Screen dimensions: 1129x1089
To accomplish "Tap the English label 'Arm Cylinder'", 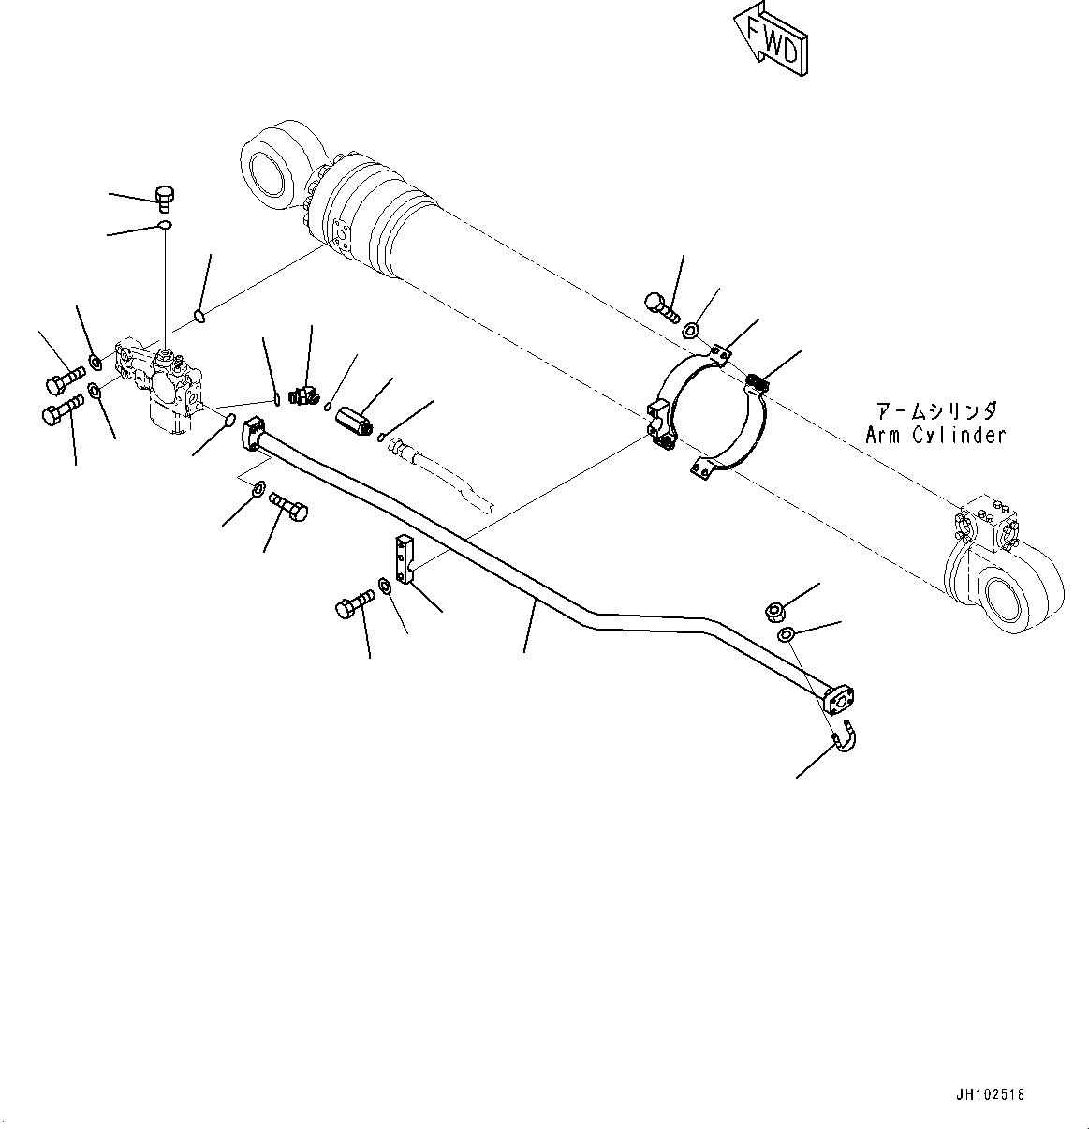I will click(934, 436).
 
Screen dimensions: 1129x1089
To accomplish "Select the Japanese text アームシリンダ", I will click(935, 411).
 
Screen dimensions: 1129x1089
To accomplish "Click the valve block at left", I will click(161, 384).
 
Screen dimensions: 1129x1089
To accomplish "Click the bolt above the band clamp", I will click(661, 306).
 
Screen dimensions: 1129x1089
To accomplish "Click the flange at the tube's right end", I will click(841, 696).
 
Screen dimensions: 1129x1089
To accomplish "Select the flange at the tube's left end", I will click(255, 433).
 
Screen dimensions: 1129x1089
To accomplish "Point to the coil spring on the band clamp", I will click(759, 382).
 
